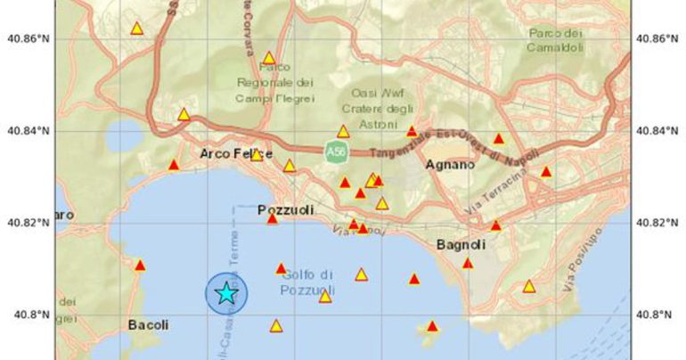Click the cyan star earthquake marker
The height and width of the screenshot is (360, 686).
[226, 292]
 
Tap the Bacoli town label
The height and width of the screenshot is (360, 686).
[148, 325]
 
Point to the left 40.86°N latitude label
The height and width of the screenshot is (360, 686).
[28, 38]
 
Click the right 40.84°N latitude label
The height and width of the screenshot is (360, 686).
[657, 131]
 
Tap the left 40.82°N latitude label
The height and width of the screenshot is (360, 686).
[28, 223]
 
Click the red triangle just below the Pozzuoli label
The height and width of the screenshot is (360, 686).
[273, 218]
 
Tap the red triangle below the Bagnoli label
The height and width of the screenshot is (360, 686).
[468, 263]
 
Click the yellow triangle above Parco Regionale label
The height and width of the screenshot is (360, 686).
[269, 58]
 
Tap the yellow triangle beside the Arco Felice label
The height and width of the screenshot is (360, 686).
[257, 155]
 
